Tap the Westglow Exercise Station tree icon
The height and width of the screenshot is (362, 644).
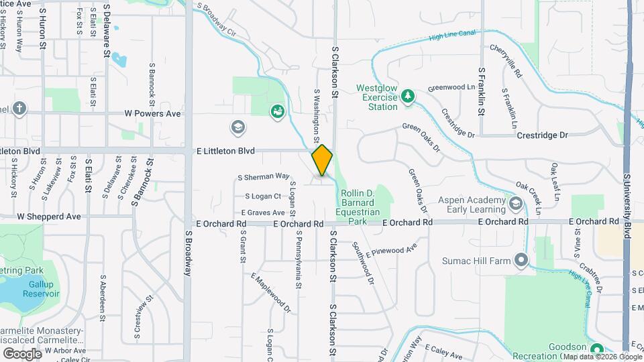(x=407, y=98)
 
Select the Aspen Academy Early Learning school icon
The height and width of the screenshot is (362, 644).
(x=516, y=203)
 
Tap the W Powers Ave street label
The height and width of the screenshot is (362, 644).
(x=152, y=113)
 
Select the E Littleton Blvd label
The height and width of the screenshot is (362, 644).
(x=225, y=152)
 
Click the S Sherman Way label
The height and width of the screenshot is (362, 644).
(x=263, y=177)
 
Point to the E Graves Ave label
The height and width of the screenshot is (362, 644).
(x=258, y=213)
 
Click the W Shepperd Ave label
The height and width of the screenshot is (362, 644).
(x=49, y=217)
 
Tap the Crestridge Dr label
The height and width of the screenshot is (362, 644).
(x=542, y=135)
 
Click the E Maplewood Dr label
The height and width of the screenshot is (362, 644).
(x=270, y=293)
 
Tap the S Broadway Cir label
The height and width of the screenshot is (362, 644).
(x=217, y=20)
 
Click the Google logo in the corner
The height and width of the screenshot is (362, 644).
(x=23, y=353)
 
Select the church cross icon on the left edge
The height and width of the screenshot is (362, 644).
(x=19, y=109)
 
